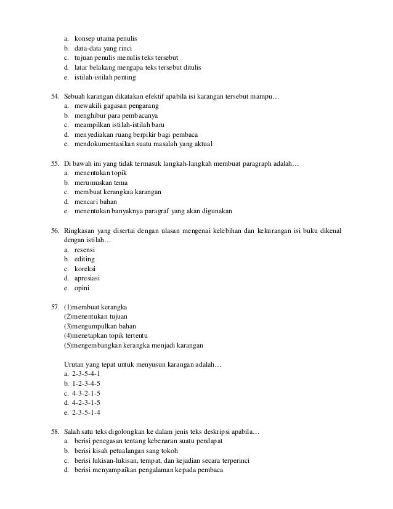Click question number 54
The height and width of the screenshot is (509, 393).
[x=55, y=97]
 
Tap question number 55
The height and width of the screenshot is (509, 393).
[x=55, y=164]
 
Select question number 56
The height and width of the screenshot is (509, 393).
[x=55, y=230]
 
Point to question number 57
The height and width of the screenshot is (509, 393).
[x=55, y=307]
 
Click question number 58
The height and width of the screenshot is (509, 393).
[x=55, y=431]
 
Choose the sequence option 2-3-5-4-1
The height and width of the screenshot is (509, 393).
[x=86, y=374]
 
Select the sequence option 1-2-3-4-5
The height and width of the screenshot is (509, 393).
[x=86, y=383]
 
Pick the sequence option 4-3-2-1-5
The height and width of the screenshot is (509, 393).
[x=86, y=393]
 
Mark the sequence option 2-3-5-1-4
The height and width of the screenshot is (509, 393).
[x=86, y=412]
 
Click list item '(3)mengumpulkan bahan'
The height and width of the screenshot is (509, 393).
[x=100, y=326]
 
